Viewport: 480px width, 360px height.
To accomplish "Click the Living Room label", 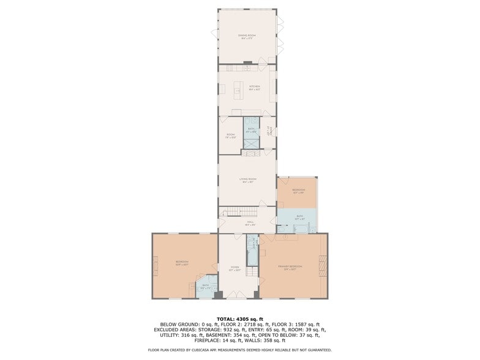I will click(247, 180).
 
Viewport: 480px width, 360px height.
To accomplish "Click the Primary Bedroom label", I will click(290, 268).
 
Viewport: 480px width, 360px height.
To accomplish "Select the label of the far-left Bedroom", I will click(182, 263).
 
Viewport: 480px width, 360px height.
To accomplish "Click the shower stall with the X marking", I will click(251, 142).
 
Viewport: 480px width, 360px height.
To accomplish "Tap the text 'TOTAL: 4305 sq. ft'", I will click(239, 319).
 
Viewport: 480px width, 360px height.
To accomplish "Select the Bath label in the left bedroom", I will click(206, 286).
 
